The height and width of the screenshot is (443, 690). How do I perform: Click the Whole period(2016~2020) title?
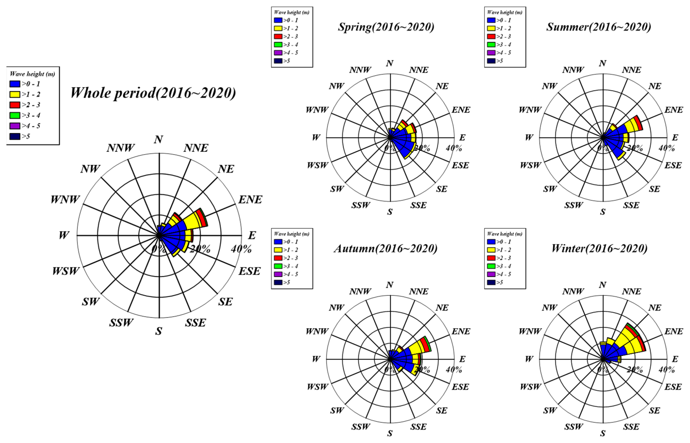[x=153, y=93]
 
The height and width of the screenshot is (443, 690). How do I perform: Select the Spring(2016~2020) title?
[x=386, y=27]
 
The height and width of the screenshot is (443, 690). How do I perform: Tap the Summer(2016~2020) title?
[x=599, y=27]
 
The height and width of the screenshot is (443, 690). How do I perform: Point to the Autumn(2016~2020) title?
[x=386, y=248]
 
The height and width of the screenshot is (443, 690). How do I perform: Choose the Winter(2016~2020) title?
[x=599, y=248]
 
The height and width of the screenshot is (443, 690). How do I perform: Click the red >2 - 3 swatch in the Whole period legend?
[x=15, y=105]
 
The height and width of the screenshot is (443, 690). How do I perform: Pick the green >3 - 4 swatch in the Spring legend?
[x=278, y=45]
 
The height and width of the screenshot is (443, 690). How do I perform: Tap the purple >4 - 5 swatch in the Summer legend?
[x=491, y=53]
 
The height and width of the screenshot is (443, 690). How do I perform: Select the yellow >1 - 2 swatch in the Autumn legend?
[x=278, y=250]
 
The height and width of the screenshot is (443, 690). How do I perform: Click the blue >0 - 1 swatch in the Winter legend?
[x=491, y=242]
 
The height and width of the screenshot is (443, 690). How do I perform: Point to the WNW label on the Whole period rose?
[x=65, y=199]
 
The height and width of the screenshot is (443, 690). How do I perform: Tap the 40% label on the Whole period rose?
[x=241, y=249]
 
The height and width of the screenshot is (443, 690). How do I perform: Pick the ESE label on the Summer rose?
[x=673, y=165]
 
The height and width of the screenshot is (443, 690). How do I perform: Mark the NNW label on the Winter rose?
[x=573, y=291]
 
